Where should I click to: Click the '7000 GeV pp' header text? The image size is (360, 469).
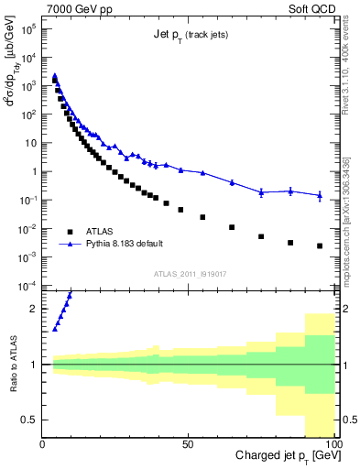[81, 8]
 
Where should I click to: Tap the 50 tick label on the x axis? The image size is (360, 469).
[187, 444]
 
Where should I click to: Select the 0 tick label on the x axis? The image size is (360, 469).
[42, 444]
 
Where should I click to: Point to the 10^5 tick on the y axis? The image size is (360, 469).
[29, 28]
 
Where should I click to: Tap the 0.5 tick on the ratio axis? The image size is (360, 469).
[29, 420]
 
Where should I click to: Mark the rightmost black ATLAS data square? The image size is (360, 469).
[320, 245]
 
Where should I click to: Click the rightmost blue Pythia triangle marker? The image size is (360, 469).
[320, 195]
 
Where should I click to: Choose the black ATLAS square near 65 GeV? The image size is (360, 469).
[232, 227]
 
